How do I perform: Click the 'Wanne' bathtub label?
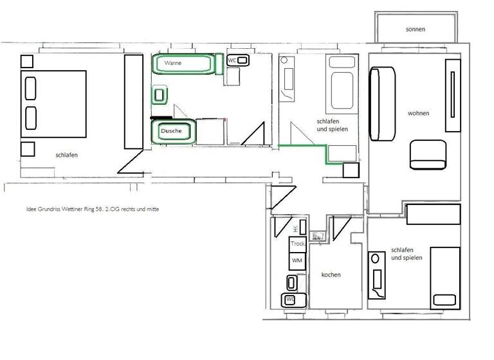click(x=172, y=63)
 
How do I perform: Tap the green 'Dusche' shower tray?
click(x=172, y=131)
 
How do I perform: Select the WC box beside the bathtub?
click(x=238, y=61)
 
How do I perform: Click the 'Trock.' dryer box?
click(x=297, y=244)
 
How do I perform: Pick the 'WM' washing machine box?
click(x=297, y=260)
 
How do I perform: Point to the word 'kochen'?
click(x=331, y=275)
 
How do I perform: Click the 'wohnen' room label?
click(x=418, y=114)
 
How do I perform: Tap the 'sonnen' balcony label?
click(x=416, y=30)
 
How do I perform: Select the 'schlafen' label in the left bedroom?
click(x=67, y=155)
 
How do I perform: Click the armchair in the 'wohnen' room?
click(x=428, y=154)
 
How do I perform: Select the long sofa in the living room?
click(x=382, y=104)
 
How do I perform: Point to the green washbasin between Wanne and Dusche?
click(x=159, y=96)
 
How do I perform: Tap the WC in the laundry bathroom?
click(x=290, y=300)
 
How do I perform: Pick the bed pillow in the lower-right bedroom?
click(x=445, y=300)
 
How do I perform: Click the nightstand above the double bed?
click(x=27, y=62)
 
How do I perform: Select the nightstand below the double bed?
click(x=27, y=149)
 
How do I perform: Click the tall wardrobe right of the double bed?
click(x=133, y=101)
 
